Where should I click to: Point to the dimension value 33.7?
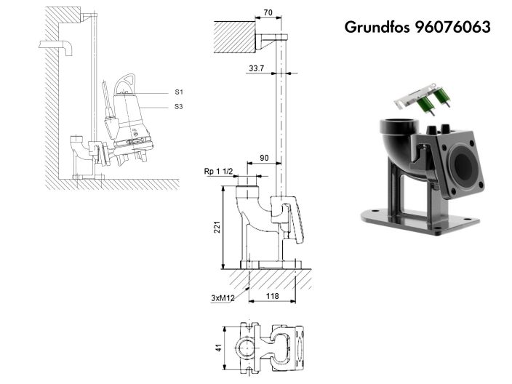click(256, 68)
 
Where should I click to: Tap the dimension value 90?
click(264, 158)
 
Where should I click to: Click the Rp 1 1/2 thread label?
click(217, 172)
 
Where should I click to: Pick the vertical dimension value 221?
click(216, 227)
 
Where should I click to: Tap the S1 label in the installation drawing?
click(178, 92)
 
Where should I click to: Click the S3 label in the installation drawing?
click(178, 107)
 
